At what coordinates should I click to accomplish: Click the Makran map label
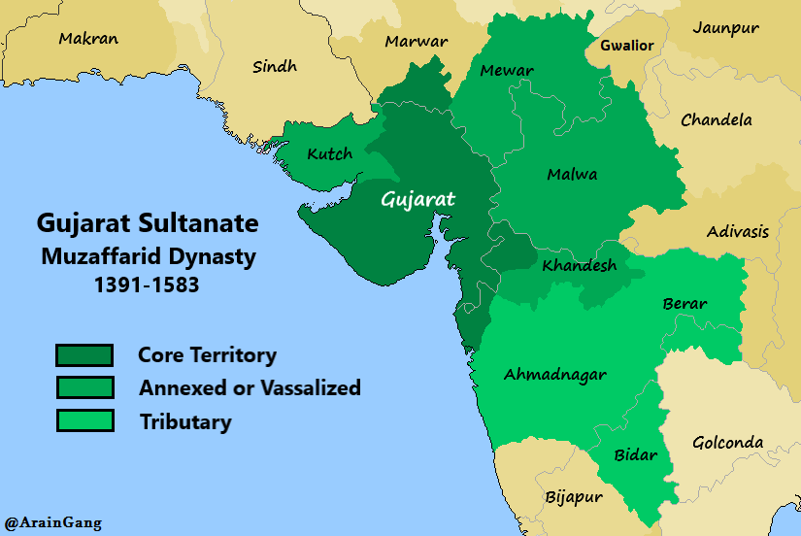tap(88, 40)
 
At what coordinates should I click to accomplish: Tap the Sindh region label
tap(275, 67)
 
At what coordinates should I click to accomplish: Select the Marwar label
tap(416, 42)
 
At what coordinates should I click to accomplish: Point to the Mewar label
tap(507, 71)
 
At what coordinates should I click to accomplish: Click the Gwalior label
tap(626, 46)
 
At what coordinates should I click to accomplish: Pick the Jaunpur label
tap(725, 28)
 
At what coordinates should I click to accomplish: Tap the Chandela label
tap(717, 120)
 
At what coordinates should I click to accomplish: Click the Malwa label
tap(572, 175)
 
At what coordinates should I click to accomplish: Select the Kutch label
tap(329, 154)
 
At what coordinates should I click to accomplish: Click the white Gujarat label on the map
tap(417, 199)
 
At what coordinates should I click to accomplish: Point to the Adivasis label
tap(737, 231)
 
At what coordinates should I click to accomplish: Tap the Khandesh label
tap(579, 265)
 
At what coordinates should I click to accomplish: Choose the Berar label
tap(684, 304)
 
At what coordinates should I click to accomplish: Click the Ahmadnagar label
tap(554, 375)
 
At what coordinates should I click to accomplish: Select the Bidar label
tap(636, 454)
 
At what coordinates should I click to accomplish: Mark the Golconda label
tap(727, 443)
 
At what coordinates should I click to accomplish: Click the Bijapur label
tap(573, 497)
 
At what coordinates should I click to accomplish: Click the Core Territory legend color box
tap(84, 355)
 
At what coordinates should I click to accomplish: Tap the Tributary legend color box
tap(84, 421)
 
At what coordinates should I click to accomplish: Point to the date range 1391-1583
tap(148, 286)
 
